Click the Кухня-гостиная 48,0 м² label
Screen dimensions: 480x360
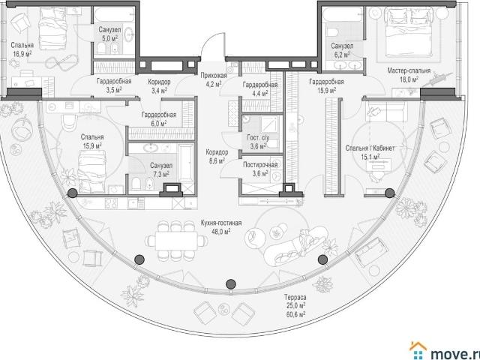tap(221, 226)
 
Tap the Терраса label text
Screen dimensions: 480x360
tap(295, 297)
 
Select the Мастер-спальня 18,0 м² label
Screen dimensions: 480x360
tap(409, 75)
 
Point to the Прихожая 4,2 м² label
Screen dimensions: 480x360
tap(214, 79)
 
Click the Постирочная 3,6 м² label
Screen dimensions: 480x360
tap(260, 169)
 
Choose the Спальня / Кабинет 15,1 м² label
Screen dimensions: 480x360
tap(370, 152)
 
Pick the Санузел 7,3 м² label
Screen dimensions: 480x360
tap(161, 170)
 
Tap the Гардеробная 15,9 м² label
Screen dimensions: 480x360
tap(326, 85)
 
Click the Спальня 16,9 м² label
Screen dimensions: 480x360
tap(22, 49)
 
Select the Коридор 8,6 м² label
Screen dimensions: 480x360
tap(217, 156)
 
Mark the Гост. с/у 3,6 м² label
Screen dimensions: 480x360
tap(258, 142)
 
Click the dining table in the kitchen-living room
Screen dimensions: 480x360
tap(176, 241)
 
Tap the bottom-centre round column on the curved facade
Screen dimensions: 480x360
tap(231, 284)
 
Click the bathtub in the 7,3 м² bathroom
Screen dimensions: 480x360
tap(186, 165)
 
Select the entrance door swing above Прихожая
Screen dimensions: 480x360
tap(212, 45)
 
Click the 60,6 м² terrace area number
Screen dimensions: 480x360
tap(295, 314)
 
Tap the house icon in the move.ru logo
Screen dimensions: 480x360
tap(418, 350)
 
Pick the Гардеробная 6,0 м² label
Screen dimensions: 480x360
tap(158, 119)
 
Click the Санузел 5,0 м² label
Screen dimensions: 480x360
tap(109, 34)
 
